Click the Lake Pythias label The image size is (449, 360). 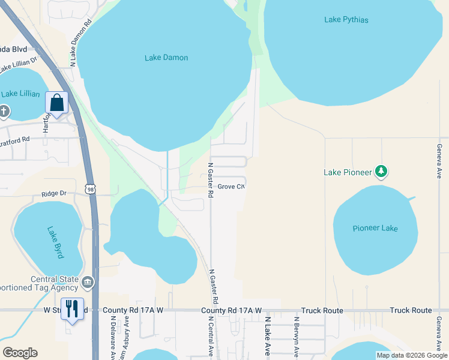pyautogui.click(x=346, y=20)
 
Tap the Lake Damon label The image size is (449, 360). pyautogui.click(x=166, y=58)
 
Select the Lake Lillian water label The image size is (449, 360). pyautogui.click(x=20, y=94)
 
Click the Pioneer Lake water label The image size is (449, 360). pyautogui.click(x=375, y=229)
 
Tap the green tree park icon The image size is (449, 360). pyautogui.click(x=381, y=172)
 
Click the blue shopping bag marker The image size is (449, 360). pyautogui.click(x=56, y=103)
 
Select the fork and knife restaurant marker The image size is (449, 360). pyautogui.click(x=73, y=309)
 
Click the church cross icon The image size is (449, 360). pyautogui.click(x=4, y=111)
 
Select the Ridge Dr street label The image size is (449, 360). pyautogui.click(x=53, y=194)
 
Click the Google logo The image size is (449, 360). pyautogui.click(x=20, y=353)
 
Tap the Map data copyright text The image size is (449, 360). pyautogui.click(x=411, y=355)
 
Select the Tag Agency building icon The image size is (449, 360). pyautogui.click(x=88, y=282)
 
